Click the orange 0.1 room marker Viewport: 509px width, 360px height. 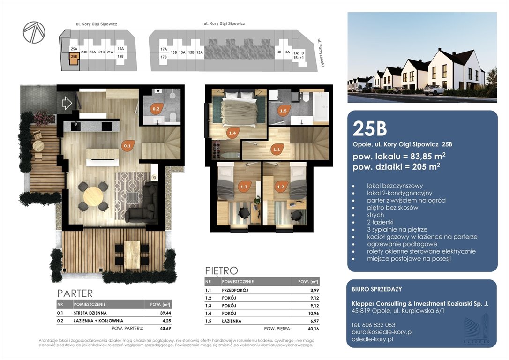coord(127,146)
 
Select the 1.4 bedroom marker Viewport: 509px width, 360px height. coord(232,133)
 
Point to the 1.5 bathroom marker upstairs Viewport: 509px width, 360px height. coord(284,110)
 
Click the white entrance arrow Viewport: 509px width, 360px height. coord(67,103)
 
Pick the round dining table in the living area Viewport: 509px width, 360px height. coord(93,196)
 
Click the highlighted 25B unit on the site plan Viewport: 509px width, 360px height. coord(74,59)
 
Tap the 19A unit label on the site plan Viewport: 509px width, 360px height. coord(120,49)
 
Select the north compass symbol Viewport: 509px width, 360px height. coord(34,32)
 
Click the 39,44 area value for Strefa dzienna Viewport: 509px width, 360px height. coord(165,313)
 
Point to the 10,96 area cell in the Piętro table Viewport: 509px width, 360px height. coord(314,313)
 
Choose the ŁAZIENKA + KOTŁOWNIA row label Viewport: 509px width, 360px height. coord(98,321)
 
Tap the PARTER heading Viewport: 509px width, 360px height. coord(75,293)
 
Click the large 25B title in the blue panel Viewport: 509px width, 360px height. coord(370,128)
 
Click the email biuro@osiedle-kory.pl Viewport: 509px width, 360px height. coord(382,332)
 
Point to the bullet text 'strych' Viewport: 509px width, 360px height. coord(375,215)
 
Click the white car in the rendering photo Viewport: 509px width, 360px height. coord(434,90)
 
